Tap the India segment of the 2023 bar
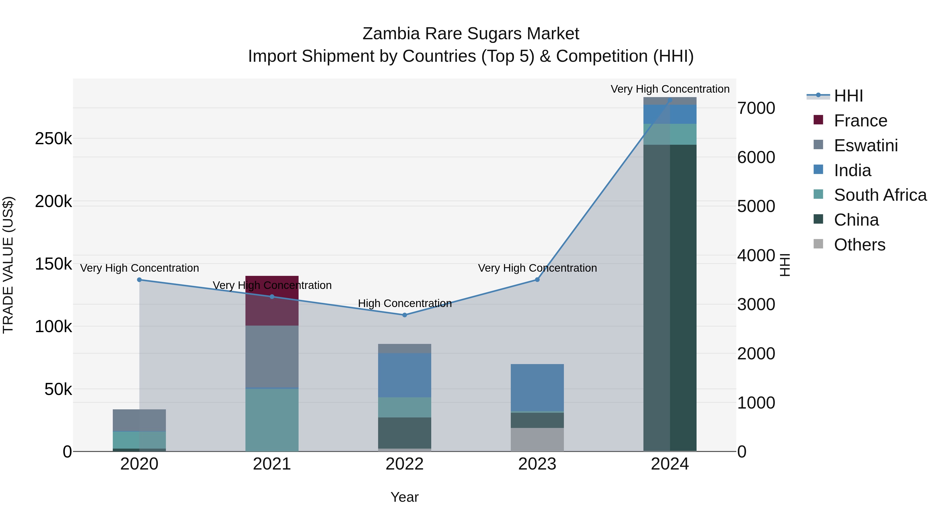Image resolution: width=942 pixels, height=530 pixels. (537, 387)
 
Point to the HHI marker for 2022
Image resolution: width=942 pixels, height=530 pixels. (405, 315)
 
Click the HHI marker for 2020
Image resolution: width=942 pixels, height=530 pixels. (139, 280)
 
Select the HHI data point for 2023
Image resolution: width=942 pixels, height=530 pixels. (537, 280)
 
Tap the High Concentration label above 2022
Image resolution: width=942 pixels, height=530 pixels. (405, 303)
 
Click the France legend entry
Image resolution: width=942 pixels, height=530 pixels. (860, 121)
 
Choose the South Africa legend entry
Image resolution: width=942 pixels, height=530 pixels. (880, 195)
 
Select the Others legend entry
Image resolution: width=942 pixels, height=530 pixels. (859, 245)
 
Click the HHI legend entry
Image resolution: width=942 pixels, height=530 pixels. (848, 96)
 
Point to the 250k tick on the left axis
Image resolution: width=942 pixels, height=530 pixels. (53, 139)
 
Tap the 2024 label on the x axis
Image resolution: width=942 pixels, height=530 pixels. (670, 464)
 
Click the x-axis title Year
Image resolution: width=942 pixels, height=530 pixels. (405, 497)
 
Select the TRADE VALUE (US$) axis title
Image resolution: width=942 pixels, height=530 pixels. (8, 265)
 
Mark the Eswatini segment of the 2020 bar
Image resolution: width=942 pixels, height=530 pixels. (139, 420)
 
